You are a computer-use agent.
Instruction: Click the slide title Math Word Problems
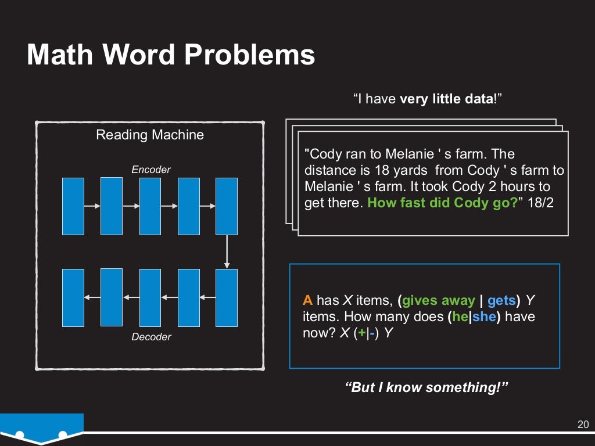click(171, 55)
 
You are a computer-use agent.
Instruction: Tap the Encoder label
click(151, 170)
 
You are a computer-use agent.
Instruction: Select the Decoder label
click(151, 337)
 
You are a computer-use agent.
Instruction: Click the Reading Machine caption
click(150, 135)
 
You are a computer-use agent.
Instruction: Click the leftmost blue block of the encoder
click(73, 206)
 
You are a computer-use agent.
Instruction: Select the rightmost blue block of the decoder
click(227, 297)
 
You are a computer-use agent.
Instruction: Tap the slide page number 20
click(583, 423)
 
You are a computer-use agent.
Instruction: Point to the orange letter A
click(307, 300)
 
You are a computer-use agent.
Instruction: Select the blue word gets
click(501, 300)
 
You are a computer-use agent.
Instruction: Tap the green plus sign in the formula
click(362, 334)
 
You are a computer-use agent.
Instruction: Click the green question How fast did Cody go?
click(442, 204)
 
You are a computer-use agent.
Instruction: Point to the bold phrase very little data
click(446, 99)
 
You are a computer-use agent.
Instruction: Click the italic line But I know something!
click(426, 387)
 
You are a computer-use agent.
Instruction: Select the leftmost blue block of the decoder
click(73, 297)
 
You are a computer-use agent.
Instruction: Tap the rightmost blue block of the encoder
click(227, 206)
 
